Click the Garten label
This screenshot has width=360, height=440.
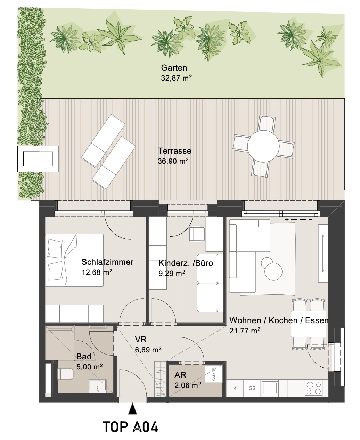point(174,68)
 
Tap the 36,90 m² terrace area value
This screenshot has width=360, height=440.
point(173,161)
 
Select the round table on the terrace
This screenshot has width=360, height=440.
point(263,146)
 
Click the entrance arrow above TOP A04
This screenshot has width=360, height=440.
point(132,409)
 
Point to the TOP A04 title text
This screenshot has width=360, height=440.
point(130,427)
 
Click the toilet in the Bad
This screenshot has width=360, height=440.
point(65,374)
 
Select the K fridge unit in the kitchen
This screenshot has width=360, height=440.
point(235,388)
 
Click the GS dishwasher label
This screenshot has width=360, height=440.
point(252,388)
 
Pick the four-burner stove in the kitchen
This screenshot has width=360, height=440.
point(313,388)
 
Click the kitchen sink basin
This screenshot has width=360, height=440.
point(270,388)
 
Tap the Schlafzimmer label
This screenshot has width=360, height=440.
point(107,262)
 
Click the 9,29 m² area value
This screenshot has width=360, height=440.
point(172,273)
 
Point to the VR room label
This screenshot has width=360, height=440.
point(141,340)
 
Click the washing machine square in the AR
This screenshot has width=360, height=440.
point(214,374)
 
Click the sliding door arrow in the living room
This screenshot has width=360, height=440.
point(298,219)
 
